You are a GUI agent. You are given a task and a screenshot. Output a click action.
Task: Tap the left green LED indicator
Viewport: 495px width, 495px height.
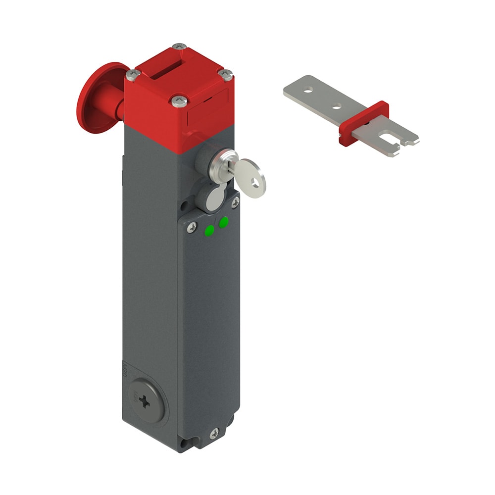pos(210,230)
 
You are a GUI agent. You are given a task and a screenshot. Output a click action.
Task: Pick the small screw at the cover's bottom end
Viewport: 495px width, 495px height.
pos(214,433)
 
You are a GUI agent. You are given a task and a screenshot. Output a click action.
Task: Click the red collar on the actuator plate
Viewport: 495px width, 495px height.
pos(363,123)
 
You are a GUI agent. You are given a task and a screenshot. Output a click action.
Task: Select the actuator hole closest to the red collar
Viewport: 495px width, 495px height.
pos(337,105)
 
